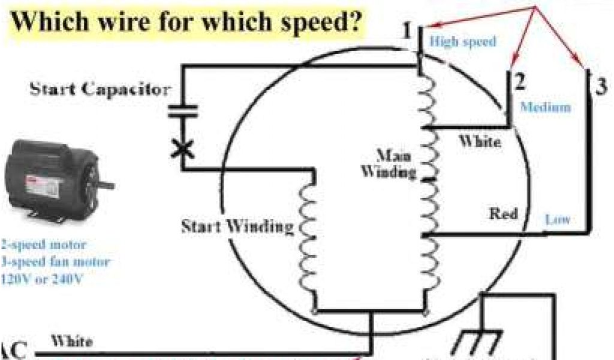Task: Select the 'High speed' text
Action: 463,42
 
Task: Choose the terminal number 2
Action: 519,79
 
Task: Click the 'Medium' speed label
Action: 545,107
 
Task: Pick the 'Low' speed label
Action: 557,220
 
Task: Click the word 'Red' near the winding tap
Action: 504,214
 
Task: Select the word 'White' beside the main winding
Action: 479,142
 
